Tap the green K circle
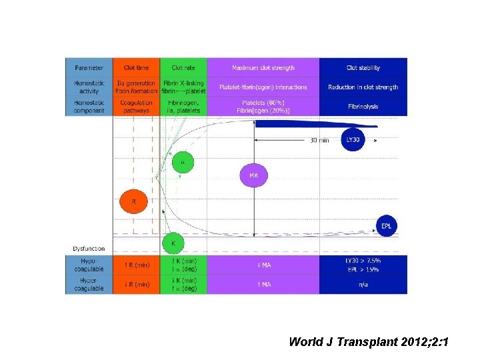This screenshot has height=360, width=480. (173, 244)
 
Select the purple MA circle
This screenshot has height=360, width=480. (253, 175)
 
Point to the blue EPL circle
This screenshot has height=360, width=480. (387, 226)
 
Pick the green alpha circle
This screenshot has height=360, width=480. (183, 162)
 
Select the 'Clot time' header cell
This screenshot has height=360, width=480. (137, 67)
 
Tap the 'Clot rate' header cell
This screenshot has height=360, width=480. (183, 67)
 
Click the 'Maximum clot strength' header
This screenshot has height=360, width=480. (263, 67)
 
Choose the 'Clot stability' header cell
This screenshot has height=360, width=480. (363, 67)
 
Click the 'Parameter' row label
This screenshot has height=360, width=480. (89, 67)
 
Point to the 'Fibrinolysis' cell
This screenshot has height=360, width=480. (363, 105)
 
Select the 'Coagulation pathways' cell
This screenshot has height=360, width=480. (137, 106)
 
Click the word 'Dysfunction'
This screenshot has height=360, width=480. (89, 249)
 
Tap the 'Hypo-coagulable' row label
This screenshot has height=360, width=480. (89, 265)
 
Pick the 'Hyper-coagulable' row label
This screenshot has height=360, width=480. (89, 285)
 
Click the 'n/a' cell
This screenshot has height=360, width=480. (363, 285)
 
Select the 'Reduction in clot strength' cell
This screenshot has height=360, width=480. (363, 87)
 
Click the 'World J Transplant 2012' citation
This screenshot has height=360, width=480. (369, 342)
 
